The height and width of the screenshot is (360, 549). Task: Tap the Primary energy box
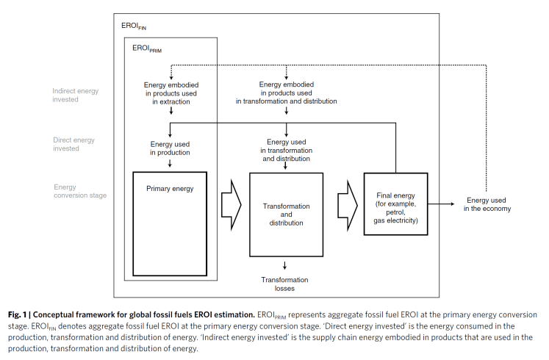[170, 225]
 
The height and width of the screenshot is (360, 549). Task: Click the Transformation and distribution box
[286, 214]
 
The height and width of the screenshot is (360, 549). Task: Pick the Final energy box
[395, 204]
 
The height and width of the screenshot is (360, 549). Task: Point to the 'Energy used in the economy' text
[489, 204]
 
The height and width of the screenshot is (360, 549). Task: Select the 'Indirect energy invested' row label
[75, 96]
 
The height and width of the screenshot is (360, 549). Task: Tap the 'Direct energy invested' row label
[73, 144]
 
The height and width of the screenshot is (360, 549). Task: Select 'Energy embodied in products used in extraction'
[171, 93]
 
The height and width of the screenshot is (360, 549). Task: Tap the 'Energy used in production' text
[171, 148]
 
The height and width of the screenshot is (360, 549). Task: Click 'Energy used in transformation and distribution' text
[286, 150]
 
